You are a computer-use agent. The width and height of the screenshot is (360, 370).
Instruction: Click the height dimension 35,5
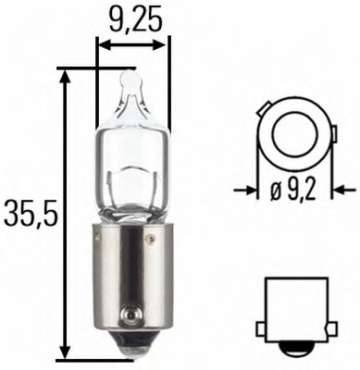pos(30,215)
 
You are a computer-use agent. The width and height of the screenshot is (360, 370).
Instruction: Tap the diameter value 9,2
pos(298,191)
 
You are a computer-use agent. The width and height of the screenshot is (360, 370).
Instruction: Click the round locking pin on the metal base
pos(149,240)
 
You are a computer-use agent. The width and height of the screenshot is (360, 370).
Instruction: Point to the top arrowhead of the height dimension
pos(64,75)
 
